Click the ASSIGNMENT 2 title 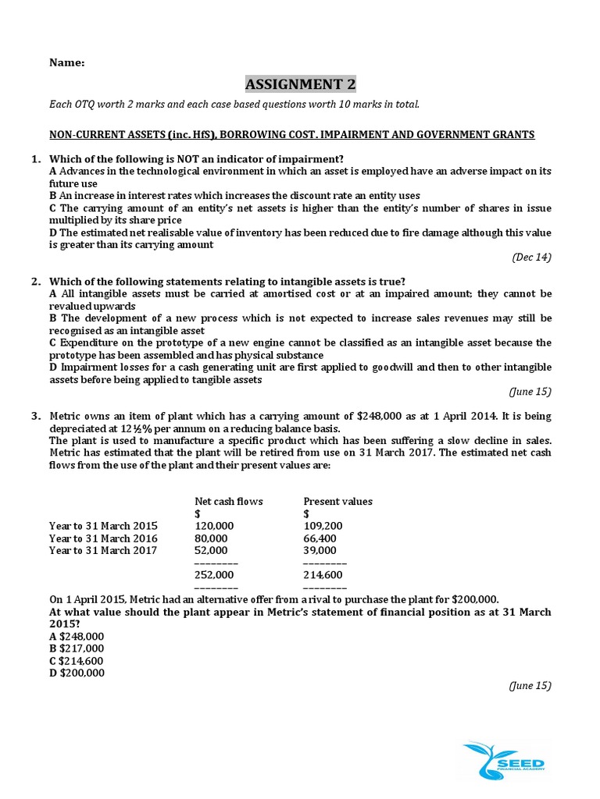pyautogui.click(x=300, y=84)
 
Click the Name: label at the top pyautogui.click(x=68, y=62)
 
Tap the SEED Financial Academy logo pyautogui.click(x=505, y=759)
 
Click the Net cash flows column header pyautogui.click(x=228, y=501)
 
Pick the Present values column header pyautogui.click(x=337, y=501)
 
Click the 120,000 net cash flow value pyautogui.click(x=213, y=526)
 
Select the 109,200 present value pyautogui.click(x=322, y=526)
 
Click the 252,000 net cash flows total pyautogui.click(x=214, y=575)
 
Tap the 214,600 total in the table pyautogui.click(x=323, y=575)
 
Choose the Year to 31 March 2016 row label pyautogui.click(x=103, y=538)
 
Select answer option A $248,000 pyautogui.click(x=77, y=637)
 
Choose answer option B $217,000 pyautogui.click(x=77, y=648)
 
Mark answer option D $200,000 pyautogui.click(x=77, y=673)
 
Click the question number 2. pyautogui.click(x=36, y=282)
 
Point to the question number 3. pyautogui.click(x=36, y=417)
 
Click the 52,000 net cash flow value pyautogui.click(x=210, y=550)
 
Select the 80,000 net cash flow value pyautogui.click(x=211, y=538)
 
